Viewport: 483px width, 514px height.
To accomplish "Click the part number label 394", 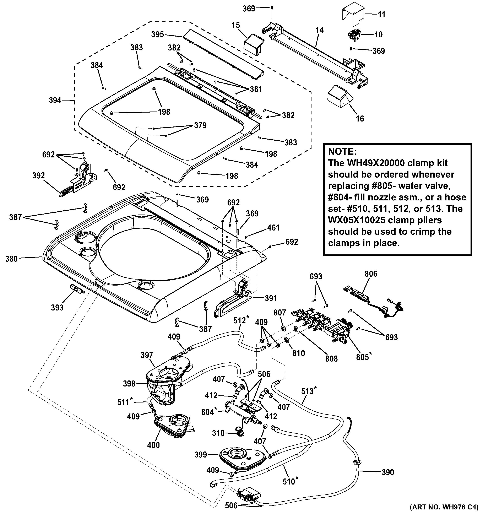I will pyautogui.click(x=55, y=100).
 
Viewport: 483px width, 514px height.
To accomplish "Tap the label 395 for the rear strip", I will pyautogui.click(x=157, y=34).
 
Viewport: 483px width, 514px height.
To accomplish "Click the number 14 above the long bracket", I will pyautogui.click(x=320, y=30).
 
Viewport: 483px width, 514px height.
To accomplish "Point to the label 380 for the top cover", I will pyautogui.click(x=11, y=259).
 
